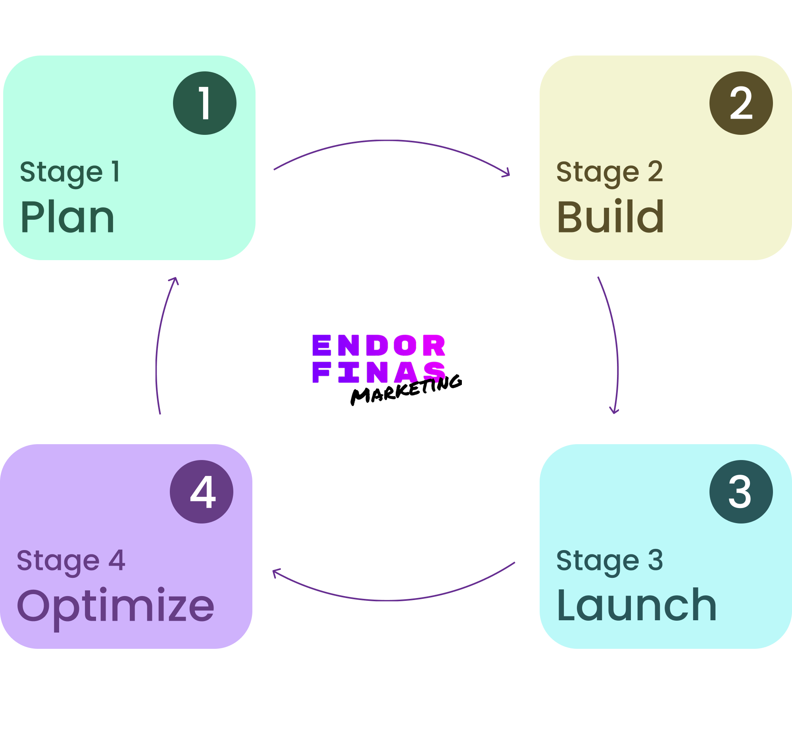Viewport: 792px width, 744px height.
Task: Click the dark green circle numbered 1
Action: click(x=204, y=103)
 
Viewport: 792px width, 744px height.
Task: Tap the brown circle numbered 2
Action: click(x=741, y=103)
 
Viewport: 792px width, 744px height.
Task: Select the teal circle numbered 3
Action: click(x=741, y=492)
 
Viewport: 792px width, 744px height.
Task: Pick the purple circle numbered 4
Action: click(x=202, y=492)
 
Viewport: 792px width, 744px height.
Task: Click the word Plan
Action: click(x=67, y=217)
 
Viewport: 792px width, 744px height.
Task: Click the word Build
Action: click(x=610, y=217)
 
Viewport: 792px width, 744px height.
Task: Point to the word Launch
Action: click(x=636, y=606)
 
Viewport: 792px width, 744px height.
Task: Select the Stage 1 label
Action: click(x=70, y=172)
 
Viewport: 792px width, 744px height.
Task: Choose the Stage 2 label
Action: click(x=609, y=172)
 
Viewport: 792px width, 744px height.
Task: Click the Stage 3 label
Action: click(x=609, y=561)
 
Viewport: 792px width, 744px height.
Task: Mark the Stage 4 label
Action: click(x=71, y=561)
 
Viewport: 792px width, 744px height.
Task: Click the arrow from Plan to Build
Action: click(x=390, y=141)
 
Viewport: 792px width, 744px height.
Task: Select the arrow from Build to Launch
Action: click(x=617, y=347)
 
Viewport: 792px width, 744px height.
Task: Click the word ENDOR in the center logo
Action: click(x=379, y=345)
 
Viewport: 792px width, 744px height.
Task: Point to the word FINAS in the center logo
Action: click(x=379, y=373)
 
